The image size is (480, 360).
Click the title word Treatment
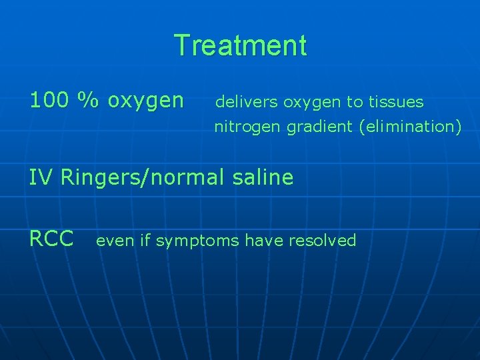[240, 46]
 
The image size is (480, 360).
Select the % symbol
[85, 100]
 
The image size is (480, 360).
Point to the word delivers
[247, 102]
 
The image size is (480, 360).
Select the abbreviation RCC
[51, 239]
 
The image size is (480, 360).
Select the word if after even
[145, 240]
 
